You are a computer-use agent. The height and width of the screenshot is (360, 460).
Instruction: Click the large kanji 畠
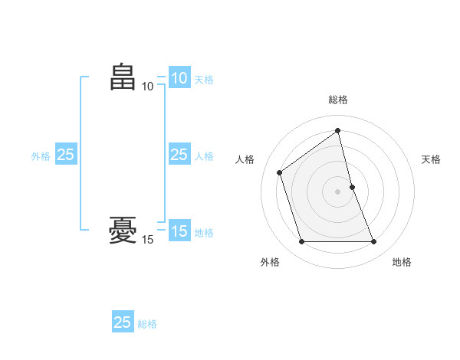pos(123,77)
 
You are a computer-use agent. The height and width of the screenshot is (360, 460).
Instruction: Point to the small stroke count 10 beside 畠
pos(147,86)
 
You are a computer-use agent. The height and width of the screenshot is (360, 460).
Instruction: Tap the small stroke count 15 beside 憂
pos(147,240)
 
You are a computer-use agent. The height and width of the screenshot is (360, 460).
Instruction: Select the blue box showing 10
pos(179,78)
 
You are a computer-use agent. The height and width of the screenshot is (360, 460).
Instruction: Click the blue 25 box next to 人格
pos(179,155)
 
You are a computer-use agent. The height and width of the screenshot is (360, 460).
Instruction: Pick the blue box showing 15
pos(179,231)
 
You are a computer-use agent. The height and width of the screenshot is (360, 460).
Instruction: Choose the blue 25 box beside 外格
pos(65,155)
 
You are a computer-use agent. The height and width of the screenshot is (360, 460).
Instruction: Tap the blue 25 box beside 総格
pos(123,322)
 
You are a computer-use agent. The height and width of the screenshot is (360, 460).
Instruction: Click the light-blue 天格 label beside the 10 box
pos(204,79)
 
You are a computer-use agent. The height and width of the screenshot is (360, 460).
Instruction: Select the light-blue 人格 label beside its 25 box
pos(204,156)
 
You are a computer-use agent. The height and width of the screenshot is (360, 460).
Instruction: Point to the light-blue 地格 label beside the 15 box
pos(204,233)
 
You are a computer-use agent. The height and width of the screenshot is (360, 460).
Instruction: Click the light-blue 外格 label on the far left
pos(41,156)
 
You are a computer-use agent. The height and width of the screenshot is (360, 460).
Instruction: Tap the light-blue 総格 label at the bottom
pos(147,324)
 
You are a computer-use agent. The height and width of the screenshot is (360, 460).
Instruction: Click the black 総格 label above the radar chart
pos(338,100)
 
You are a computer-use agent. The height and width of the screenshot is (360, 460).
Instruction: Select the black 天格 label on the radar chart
pos(431,159)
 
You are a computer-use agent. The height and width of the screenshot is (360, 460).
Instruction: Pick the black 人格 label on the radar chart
pos(245,159)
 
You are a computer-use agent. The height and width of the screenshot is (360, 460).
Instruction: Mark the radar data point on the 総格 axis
pos(338,131)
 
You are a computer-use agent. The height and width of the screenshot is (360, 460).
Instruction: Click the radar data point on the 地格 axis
pos(374,242)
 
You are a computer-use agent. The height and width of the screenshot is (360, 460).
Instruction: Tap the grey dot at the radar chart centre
pos(338,191)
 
